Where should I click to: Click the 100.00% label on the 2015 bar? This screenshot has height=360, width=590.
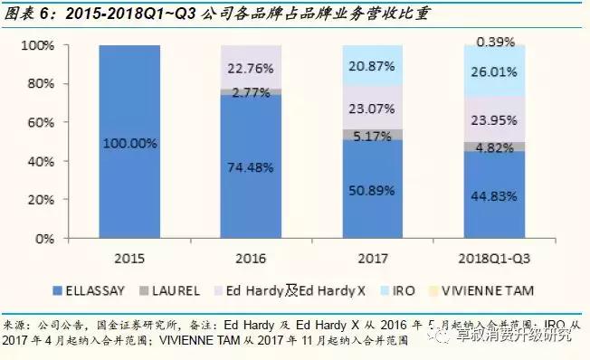(x=129, y=143)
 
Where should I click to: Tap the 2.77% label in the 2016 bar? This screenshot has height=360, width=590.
(x=251, y=92)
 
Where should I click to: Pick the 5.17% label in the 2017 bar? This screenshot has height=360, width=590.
(x=372, y=136)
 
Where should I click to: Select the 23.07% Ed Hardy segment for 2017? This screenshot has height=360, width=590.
(x=372, y=109)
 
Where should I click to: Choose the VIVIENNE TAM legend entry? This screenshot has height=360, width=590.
(x=486, y=291)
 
